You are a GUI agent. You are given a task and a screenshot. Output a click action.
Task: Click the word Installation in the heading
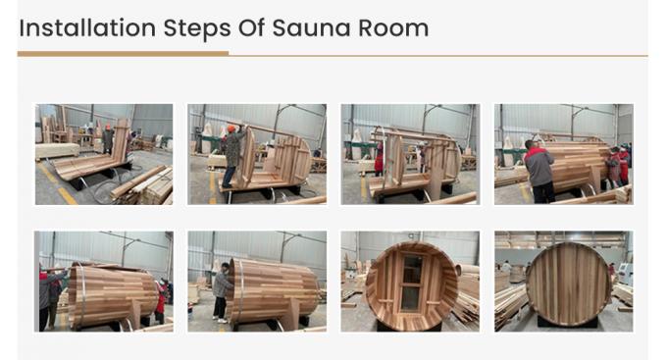[x=75, y=27]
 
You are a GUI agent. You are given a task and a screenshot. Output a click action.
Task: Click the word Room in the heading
[x=393, y=27]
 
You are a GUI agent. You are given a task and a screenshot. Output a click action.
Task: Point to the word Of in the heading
[x=246, y=27]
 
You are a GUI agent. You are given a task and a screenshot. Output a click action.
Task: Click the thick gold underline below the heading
[x=123, y=53]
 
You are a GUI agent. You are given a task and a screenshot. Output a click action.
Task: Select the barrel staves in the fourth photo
[x=579, y=161]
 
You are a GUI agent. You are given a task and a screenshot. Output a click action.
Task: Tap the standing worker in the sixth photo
[x=221, y=291]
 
